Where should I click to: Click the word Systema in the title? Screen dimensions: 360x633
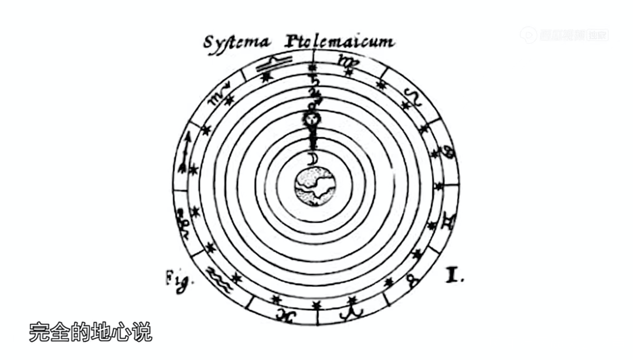[x=237, y=43]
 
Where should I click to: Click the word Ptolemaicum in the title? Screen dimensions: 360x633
[x=340, y=42]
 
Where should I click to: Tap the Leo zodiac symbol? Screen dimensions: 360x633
[x=414, y=97]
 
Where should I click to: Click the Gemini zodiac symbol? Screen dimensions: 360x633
[x=449, y=219]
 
